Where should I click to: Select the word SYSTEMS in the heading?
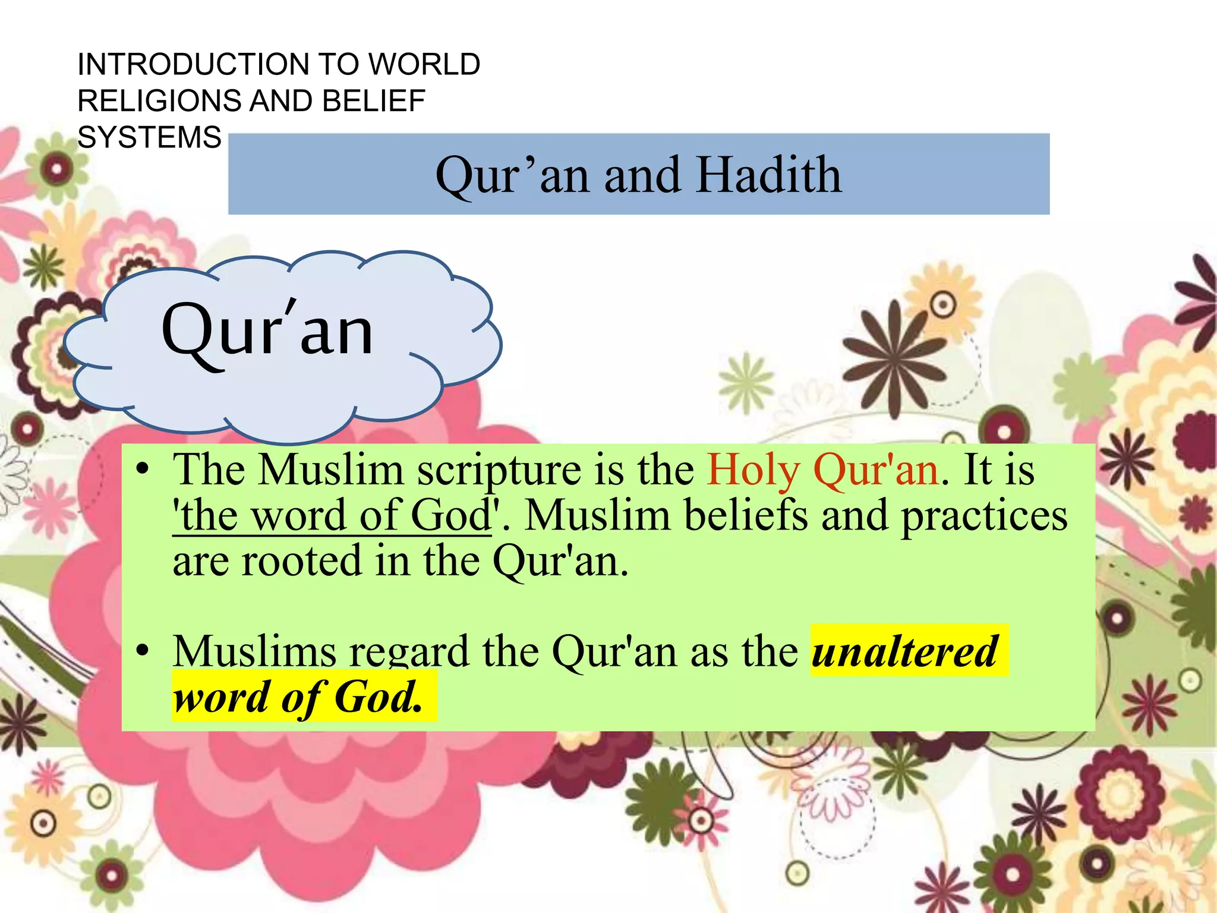[x=149, y=137]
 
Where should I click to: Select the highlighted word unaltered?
[x=904, y=651]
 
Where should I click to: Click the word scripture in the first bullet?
[x=499, y=470]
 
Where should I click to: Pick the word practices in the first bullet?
[x=984, y=515]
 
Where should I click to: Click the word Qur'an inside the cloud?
[x=267, y=330]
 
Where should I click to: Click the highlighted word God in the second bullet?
[x=378, y=697]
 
